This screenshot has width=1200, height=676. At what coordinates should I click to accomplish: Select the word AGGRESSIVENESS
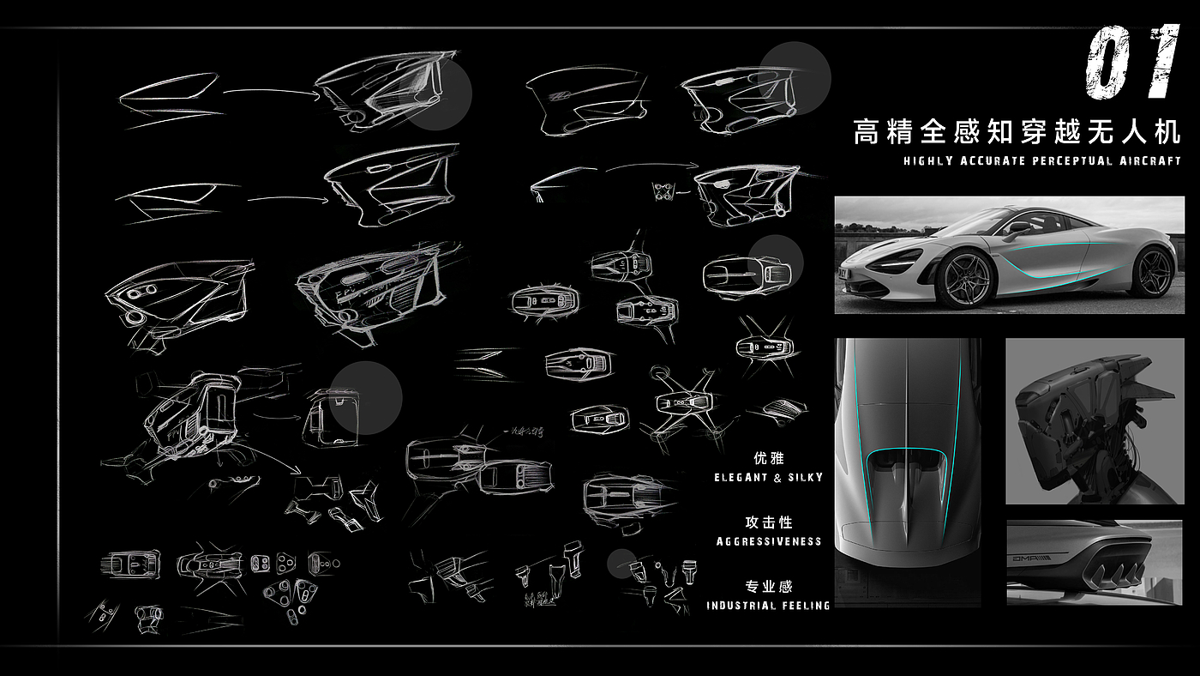coord(769,541)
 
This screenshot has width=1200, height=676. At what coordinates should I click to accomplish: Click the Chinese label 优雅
coord(769,459)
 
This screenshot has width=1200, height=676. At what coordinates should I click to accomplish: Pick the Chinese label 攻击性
coord(769,522)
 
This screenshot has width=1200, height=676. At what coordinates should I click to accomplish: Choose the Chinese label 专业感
coord(769,587)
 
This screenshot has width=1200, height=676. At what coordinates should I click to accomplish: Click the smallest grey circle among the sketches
coord(621,564)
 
